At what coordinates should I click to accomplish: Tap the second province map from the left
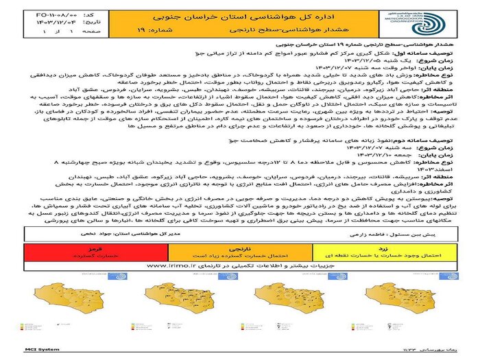[x=178, y=305]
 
